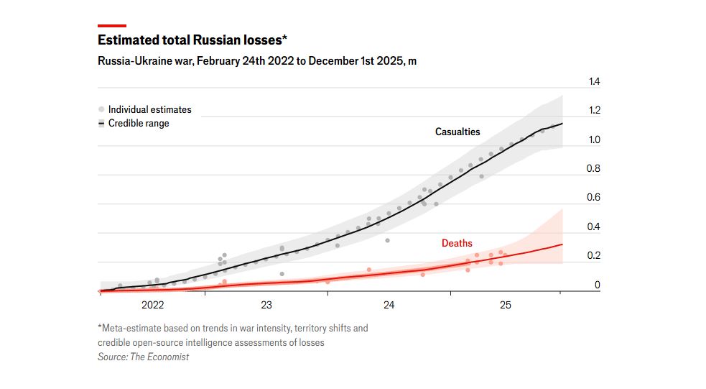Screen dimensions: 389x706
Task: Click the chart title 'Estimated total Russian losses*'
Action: [x=192, y=40]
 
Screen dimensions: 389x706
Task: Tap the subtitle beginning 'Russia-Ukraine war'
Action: [x=256, y=61]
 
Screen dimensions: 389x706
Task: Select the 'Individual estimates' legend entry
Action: [x=149, y=109]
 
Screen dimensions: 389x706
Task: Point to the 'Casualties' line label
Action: [x=457, y=132]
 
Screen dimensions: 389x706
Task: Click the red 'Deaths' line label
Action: [x=457, y=243]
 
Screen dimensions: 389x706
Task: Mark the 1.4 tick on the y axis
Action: [x=594, y=82]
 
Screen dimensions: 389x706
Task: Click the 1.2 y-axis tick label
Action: [x=594, y=111]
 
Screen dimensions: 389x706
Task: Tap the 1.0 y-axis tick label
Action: [x=594, y=140]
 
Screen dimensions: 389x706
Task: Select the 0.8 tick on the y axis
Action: [x=594, y=169]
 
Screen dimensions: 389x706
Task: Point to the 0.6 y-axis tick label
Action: [x=594, y=198]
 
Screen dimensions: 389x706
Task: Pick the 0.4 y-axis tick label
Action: [x=594, y=227]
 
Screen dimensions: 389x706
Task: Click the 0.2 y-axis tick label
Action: [x=594, y=256]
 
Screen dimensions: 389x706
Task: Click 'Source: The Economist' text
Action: [x=143, y=357]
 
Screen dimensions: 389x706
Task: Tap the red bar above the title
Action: [x=112, y=25]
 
